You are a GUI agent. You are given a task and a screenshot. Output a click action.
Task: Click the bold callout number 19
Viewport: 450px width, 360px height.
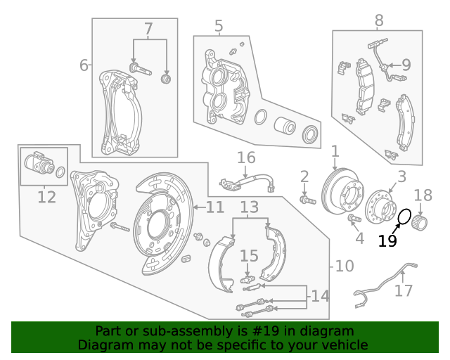[x=387, y=241]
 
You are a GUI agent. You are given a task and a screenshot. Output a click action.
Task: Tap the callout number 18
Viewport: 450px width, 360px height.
[x=423, y=195]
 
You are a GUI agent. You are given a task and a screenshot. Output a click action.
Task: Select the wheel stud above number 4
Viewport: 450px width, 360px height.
[x=354, y=220]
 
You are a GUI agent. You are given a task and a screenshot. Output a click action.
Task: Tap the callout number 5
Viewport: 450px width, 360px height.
[x=219, y=27]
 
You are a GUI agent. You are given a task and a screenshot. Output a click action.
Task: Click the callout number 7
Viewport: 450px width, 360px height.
[x=148, y=30]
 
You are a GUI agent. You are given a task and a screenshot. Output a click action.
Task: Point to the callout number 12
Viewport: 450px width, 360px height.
[x=46, y=197]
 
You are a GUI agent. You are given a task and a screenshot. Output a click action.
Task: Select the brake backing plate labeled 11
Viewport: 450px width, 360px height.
[x=162, y=217]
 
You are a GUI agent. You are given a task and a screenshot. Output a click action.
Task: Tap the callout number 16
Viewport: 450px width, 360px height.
[x=245, y=157]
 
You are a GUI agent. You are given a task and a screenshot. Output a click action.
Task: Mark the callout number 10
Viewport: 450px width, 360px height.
[x=345, y=266]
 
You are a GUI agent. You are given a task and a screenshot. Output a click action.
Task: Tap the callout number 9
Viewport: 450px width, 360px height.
[x=406, y=65]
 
